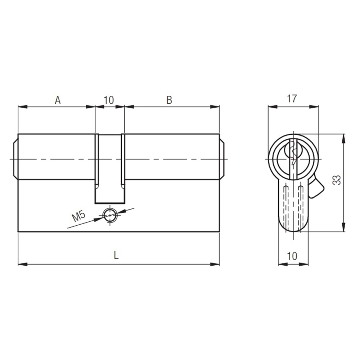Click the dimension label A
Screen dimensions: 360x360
(57, 100)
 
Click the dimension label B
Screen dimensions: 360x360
(169, 100)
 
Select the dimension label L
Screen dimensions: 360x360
(116, 255)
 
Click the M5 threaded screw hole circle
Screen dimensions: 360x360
(110, 215)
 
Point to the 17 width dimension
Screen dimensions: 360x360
(292, 99)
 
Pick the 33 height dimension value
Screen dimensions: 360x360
(336, 180)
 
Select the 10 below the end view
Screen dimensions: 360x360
(292, 256)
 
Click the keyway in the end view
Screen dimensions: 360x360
(294, 153)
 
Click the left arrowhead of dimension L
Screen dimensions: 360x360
(22, 264)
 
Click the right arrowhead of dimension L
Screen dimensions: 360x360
(216, 264)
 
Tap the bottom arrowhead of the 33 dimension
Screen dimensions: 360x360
(344, 228)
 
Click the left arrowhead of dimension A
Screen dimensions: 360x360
(22, 107)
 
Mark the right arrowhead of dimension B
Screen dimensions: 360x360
(216, 107)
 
